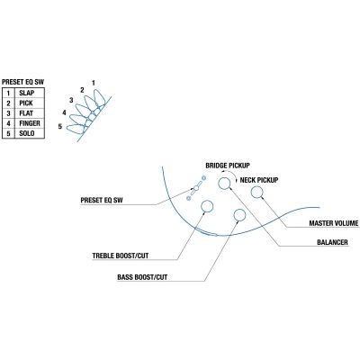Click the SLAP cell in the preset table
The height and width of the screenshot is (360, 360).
[x=30, y=93]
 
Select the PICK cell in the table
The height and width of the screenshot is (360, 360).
[x=30, y=103]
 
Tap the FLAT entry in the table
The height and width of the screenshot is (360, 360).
[x=30, y=113]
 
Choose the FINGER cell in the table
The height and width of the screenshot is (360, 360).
[x=30, y=123]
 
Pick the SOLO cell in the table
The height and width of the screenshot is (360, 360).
[x=30, y=133]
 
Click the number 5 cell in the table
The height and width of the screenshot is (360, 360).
[x=8, y=133]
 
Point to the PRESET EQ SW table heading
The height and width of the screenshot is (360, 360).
[x=22, y=82]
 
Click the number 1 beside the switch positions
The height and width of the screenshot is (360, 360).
[x=94, y=83]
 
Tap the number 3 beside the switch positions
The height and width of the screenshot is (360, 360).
[x=71, y=100]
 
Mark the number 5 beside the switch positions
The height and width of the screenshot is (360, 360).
[x=60, y=127]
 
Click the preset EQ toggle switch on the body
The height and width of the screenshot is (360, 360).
[x=195, y=188]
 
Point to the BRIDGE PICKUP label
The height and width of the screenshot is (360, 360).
[x=228, y=166]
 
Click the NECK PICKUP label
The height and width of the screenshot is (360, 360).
[x=259, y=180]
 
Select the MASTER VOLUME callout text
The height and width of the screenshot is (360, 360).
[x=334, y=223]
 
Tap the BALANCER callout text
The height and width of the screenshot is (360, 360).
[x=332, y=242]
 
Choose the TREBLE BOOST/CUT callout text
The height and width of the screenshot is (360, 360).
[x=121, y=256]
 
